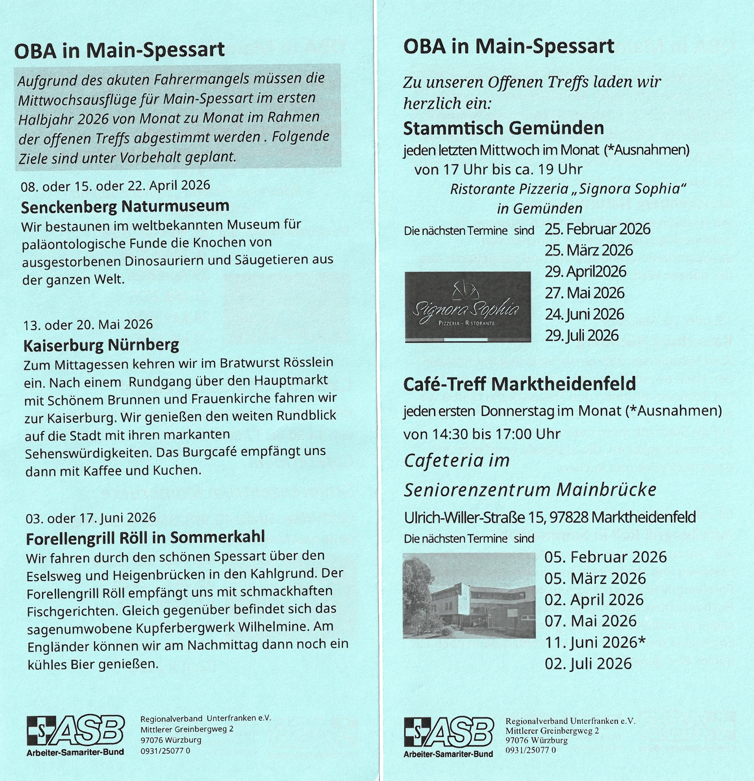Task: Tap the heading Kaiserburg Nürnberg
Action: [101, 345]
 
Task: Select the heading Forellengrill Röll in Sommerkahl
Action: [145, 538]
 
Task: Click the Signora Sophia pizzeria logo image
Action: [467, 307]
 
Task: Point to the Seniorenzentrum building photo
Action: [469, 596]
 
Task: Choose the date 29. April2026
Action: [586, 272]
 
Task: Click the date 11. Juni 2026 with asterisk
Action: [595, 642]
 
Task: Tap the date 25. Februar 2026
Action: [597, 229]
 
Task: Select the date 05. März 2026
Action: [595, 578]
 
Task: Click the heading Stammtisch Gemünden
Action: [503, 128]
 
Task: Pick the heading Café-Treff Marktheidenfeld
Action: [519, 384]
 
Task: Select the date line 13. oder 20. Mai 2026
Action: [88, 325]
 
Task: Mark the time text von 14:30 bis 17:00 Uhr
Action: [482, 434]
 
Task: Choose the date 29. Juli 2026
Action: [581, 336]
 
